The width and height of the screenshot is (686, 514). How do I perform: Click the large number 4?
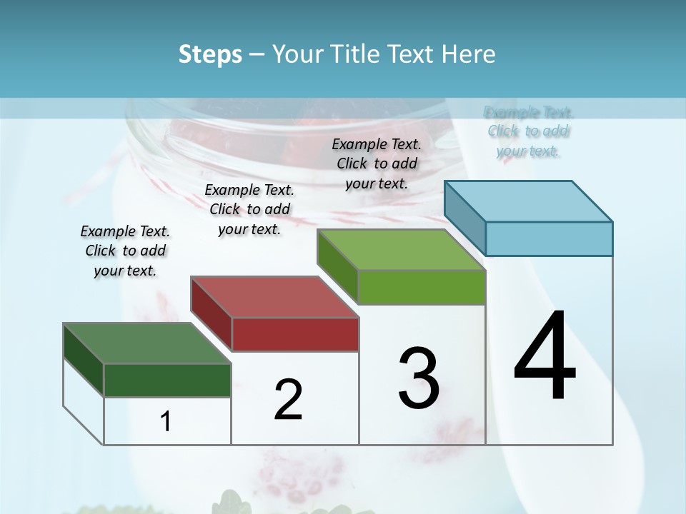point(545,357)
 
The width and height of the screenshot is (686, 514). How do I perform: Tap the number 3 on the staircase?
point(419,378)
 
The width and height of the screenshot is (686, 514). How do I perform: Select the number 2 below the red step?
point(289,400)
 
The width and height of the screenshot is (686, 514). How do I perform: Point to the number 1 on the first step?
point(166,422)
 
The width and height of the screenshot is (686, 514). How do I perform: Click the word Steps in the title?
point(210,54)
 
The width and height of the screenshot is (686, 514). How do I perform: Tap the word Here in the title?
point(467,54)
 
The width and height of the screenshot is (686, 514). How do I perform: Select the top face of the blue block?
point(529,201)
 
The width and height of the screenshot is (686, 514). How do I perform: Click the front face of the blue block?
point(549,238)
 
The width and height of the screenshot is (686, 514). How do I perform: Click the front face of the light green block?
point(422,287)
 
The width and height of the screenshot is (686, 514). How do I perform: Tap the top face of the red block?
point(275,297)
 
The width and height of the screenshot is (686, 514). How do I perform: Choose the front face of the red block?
point(295,334)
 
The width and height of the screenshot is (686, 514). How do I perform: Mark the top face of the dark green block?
point(147,343)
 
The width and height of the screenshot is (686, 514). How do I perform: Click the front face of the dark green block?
point(167,380)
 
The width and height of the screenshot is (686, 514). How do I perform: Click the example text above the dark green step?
point(125,251)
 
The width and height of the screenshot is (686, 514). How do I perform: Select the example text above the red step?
point(249,209)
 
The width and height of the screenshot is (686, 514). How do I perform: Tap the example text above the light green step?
point(377,163)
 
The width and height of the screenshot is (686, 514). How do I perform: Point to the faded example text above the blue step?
point(529,131)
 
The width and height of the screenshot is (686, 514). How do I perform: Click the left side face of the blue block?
point(465,218)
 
